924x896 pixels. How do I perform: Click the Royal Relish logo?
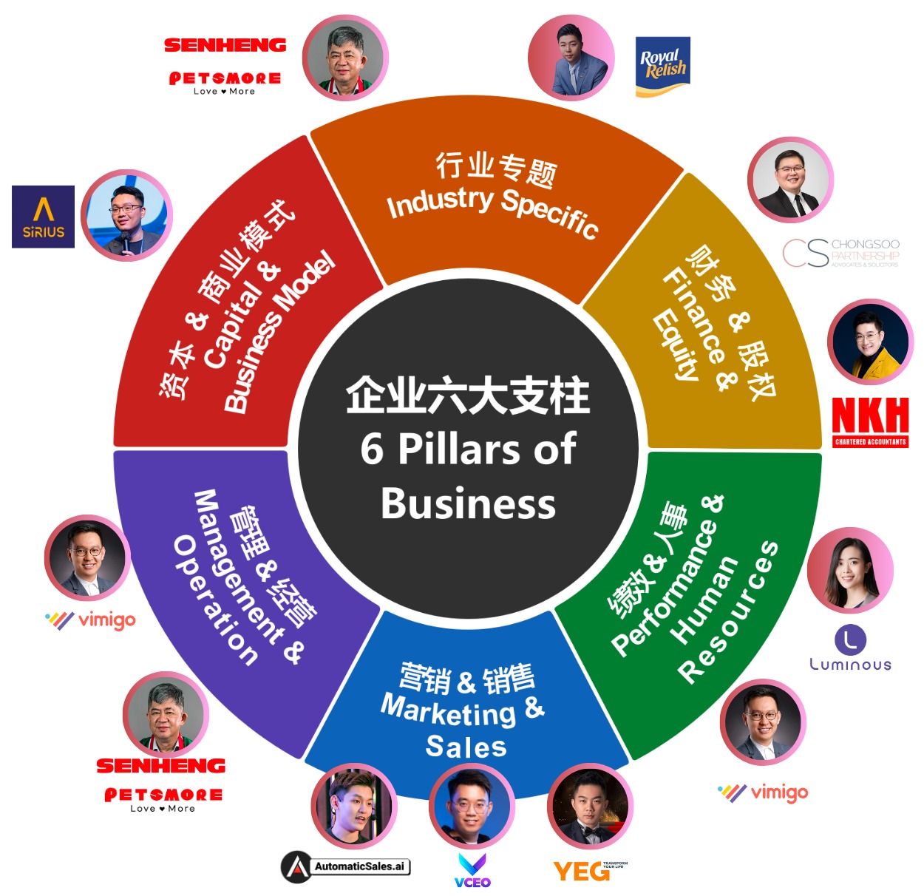662,67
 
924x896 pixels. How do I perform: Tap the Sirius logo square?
44,217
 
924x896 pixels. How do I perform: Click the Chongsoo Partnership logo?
840,253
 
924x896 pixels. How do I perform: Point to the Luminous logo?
850,649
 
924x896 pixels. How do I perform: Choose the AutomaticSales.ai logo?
345,866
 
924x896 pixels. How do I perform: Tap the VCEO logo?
472,870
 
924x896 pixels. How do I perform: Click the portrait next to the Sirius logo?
126,216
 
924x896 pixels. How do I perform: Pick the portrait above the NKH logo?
870,342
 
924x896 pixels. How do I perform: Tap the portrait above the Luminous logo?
850,570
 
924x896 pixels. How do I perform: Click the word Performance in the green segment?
665,588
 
